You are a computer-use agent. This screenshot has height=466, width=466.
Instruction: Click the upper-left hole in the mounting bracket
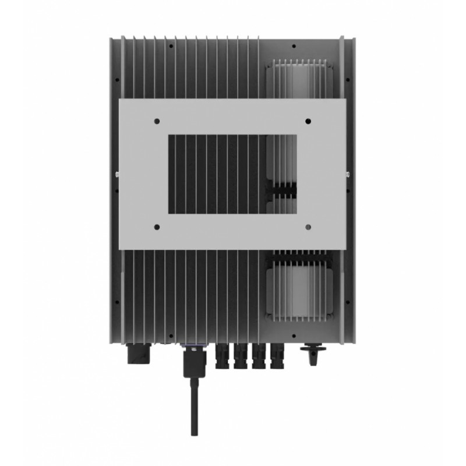(157, 122)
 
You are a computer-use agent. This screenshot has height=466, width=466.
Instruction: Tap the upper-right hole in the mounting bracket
(308, 122)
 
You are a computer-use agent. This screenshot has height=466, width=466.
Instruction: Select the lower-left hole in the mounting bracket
(157, 226)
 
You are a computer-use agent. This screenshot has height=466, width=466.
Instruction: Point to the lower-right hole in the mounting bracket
(308, 226)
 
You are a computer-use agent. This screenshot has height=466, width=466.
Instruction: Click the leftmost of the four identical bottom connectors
(223, 356)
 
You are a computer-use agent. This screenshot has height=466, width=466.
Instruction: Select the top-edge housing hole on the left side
(172, 45)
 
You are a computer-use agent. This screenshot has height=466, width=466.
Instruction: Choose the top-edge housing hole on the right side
(294, 45)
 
